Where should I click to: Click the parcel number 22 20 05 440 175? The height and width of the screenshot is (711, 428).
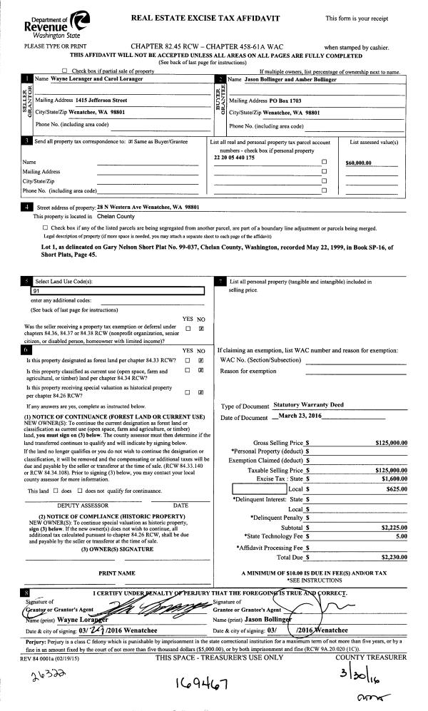point(234,157)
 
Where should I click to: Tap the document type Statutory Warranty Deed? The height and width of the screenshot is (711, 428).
point(308,404)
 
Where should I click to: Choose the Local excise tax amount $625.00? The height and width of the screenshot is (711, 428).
point(395,470)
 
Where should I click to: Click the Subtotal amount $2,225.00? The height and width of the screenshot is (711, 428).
point(392,507)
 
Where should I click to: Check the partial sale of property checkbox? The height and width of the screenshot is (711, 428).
point(66,71)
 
